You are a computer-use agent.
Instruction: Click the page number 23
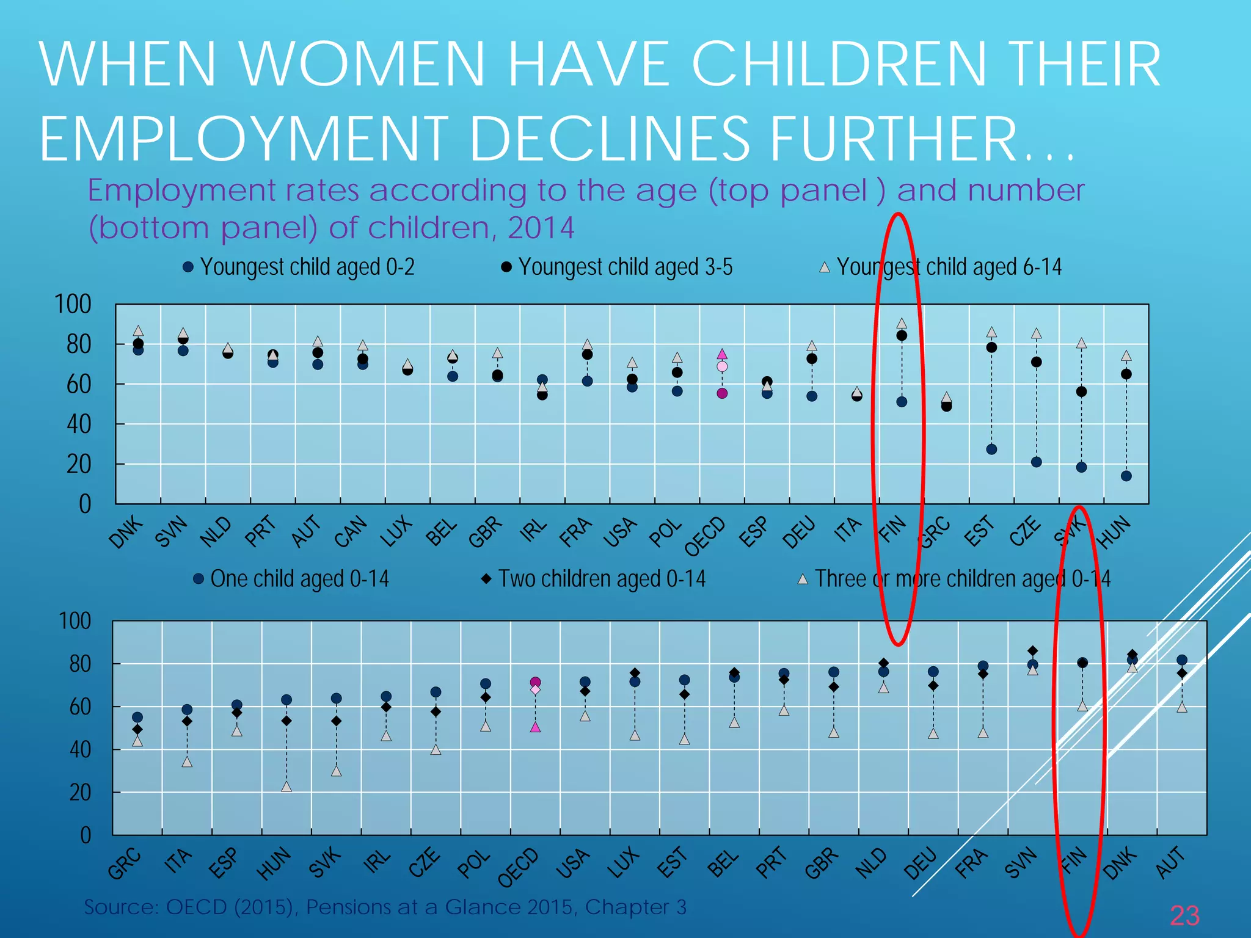[x=1184, y=915]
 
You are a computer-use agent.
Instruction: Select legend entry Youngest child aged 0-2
[x=299, y=267]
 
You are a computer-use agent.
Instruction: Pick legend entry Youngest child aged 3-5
[x=617, y=267]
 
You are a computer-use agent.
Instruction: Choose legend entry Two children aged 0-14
[x=594, y=578]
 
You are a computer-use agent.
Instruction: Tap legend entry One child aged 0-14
[x=291, y=578]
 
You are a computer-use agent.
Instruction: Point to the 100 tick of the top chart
[x=73, y=304]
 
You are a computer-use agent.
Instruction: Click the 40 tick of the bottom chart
[x=80, y=749]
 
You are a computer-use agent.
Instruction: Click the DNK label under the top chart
[x=126, y=531]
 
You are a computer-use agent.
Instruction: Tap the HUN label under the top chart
[x=1115, y=531]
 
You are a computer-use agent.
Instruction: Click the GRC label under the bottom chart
[x=125, y=863]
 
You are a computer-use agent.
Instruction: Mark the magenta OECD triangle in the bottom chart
[x=535, y=727]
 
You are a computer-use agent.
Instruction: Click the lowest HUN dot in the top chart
[x=1126, y=476]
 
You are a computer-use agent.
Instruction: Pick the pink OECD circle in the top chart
[x=722, y=366]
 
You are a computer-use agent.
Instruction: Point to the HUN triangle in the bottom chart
[x=286, y=787]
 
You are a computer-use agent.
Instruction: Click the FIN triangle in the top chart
[x=902, y=324]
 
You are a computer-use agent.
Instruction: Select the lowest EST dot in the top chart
[x=991, y=449]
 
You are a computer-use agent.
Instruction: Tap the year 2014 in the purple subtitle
[x=541, y=228]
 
